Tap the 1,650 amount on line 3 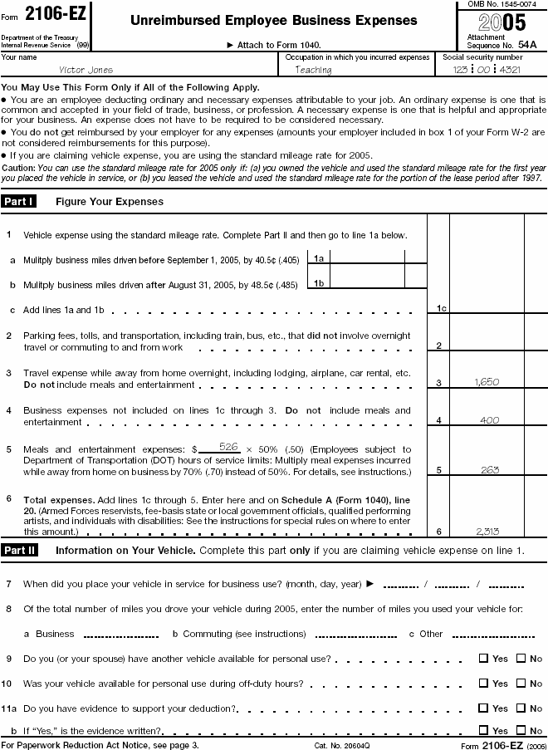(486, 381)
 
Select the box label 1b (318, 283)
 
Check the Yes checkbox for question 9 (483, 659)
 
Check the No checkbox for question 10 (521, 684)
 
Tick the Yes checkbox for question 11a (483, 708)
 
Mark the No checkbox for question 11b (521, 731)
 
